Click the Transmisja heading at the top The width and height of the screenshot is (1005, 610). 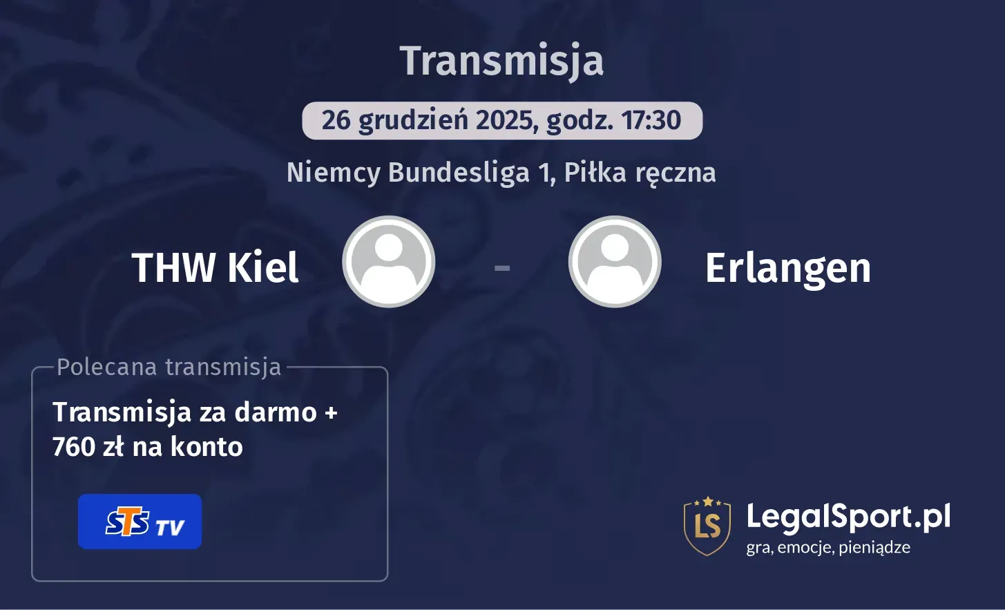502,61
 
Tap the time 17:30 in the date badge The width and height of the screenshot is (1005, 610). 651,120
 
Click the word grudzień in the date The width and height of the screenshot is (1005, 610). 413,121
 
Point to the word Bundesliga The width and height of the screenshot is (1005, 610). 459,172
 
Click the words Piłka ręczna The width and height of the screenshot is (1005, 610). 640,173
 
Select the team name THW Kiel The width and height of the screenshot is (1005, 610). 215,267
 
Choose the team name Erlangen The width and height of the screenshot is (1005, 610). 787,268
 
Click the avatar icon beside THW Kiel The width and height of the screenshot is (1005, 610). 389,262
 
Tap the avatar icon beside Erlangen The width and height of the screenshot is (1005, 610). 615,262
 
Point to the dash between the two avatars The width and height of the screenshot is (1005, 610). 502,267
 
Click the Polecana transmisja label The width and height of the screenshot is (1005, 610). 169,367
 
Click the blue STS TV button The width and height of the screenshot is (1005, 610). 140,522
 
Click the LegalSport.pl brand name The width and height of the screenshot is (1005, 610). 848,517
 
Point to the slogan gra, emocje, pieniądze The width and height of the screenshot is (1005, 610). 828,548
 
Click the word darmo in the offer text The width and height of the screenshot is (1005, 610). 276,412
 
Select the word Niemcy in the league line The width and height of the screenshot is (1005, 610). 334,172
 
